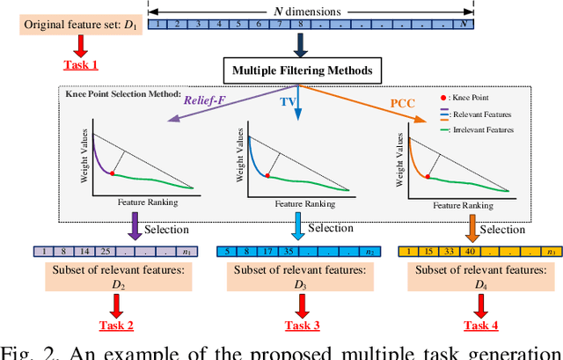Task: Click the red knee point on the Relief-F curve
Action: pos(113,173)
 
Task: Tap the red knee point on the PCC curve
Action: pos(428,176)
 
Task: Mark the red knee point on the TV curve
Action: pos(270,175)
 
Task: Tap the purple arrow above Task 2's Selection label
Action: pos(135,230)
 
